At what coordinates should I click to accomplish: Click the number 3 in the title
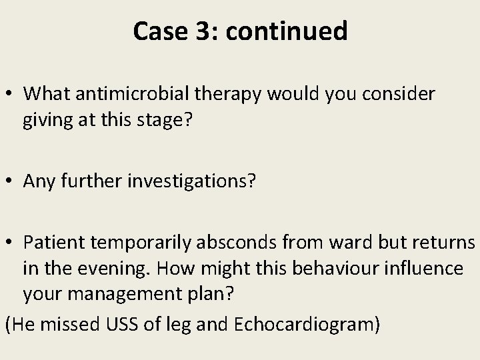coord(197,31)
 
